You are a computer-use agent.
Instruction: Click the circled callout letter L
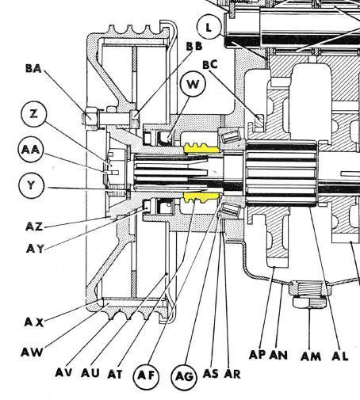click(209, 27)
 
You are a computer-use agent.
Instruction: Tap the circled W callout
click(193, 84)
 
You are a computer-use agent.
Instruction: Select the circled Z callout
click(33, 114)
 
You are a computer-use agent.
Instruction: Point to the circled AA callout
click(31, 150)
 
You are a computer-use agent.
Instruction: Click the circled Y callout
click(31, 185)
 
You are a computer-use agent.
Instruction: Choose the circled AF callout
click(146, 375)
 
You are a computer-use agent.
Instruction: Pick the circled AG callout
click(184, 376)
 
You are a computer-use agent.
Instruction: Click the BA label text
click(33, 69)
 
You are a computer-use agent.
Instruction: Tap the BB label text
click(194, 46)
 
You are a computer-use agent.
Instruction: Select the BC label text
click(210, 64)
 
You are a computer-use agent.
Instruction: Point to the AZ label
click(34, 227)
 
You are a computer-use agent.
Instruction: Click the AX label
click(34, 322)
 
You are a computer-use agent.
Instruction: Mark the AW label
click(32, 352)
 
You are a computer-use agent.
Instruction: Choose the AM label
click(311, 356)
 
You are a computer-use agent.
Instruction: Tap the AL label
click(340, 356)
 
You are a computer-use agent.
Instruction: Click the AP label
click(258, 355)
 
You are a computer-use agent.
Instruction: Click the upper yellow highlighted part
click(202, 148)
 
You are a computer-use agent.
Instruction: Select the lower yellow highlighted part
click(201, 197)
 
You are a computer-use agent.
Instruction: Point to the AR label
click(232, 374)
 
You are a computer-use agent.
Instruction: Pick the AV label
click(63, 372)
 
